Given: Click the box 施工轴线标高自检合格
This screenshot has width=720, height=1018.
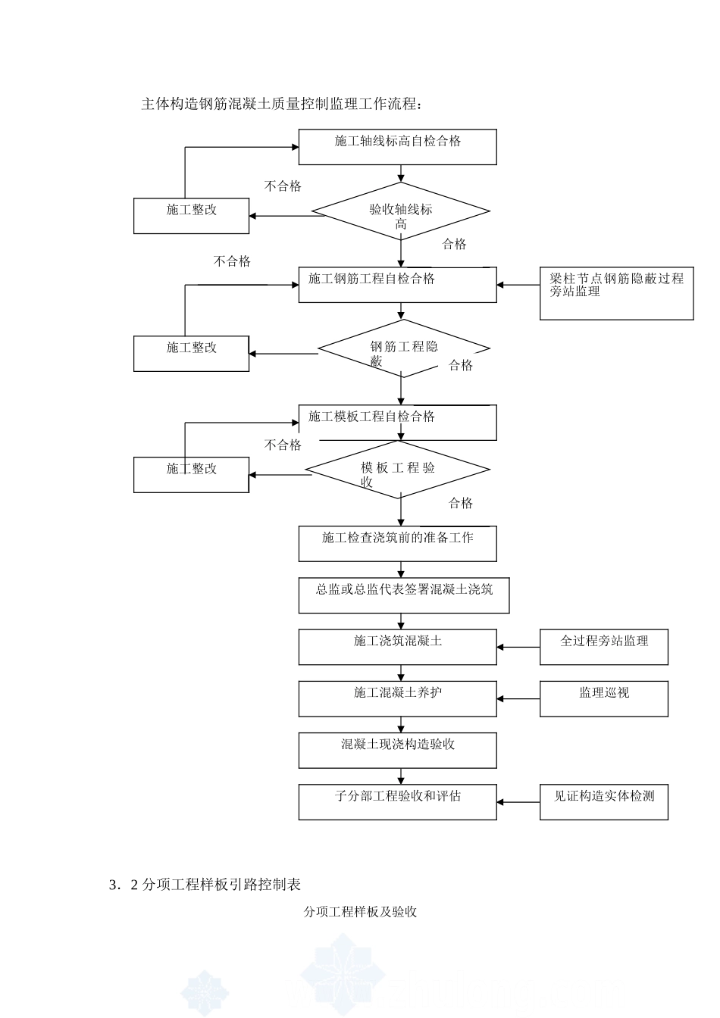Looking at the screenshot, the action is [x=397, y=147].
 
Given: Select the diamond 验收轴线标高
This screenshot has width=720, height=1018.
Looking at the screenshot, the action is [x=401, y=211].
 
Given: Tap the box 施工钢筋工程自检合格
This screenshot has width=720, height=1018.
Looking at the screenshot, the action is [x=397, y=285].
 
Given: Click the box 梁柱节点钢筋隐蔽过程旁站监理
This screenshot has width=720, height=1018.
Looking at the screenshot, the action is [x=616, y=293].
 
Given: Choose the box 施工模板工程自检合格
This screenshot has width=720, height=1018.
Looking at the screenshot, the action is [x=397, y=422].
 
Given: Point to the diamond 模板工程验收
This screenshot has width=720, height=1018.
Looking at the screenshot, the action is [x=398, y=470].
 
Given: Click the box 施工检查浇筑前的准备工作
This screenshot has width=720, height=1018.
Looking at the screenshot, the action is [x=397, y=543].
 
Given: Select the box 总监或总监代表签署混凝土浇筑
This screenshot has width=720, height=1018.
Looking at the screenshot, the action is [x=403, y=595].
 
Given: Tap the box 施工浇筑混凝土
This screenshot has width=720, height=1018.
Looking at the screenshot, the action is [x=397, y=647].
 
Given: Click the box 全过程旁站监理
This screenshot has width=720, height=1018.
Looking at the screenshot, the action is [x=603, y=647].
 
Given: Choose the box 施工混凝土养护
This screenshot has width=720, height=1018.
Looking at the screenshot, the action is [x=397, y=698].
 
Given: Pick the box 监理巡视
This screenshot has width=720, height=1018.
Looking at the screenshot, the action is [x=603, y=698].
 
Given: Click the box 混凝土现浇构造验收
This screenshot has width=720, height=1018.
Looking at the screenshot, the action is [x=397, y=750].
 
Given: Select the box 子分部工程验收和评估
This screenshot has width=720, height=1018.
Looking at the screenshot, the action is [x=397, y=801].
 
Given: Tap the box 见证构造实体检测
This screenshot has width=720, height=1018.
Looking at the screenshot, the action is [x=603, y=801].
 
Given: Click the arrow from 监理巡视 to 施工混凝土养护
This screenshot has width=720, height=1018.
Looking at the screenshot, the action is [x=518, y=698].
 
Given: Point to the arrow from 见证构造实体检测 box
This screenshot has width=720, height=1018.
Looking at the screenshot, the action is [x=518, y=801].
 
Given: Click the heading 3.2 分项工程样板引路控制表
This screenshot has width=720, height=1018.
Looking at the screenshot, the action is [x=205, y=884].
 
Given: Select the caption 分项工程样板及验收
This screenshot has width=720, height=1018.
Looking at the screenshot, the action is [x=360, y=912].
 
